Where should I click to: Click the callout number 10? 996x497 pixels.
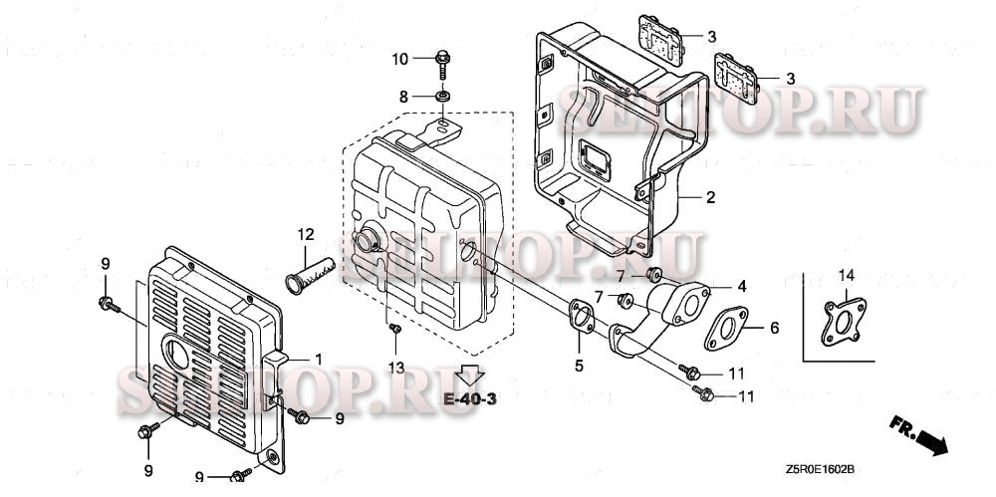click(398, 60)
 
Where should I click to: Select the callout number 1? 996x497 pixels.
click(318, 358)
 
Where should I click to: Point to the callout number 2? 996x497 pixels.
click(711, 197)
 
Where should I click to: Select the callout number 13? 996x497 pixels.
click(396, 369)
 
